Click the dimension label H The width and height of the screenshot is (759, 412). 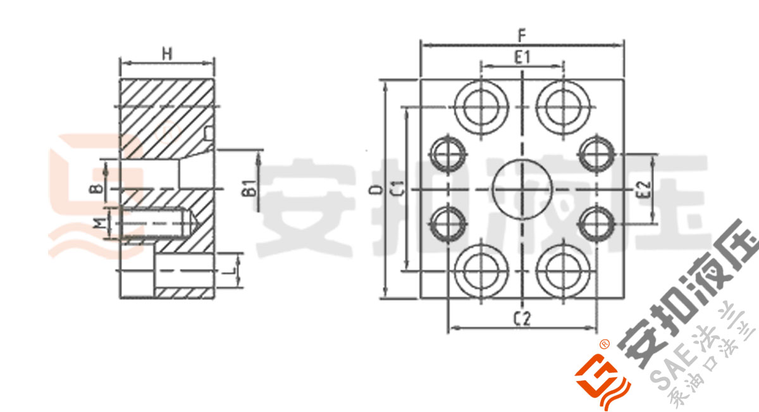(x=166, y=54)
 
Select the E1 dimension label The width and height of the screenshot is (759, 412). (x=522, y=58)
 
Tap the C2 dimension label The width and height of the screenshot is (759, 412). (x=522, y=318)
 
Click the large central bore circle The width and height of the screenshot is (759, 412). (x=522, y=189)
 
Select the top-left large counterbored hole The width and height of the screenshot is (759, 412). (x=480, y=104)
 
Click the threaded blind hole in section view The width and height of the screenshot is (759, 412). (x=155, y=223)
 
